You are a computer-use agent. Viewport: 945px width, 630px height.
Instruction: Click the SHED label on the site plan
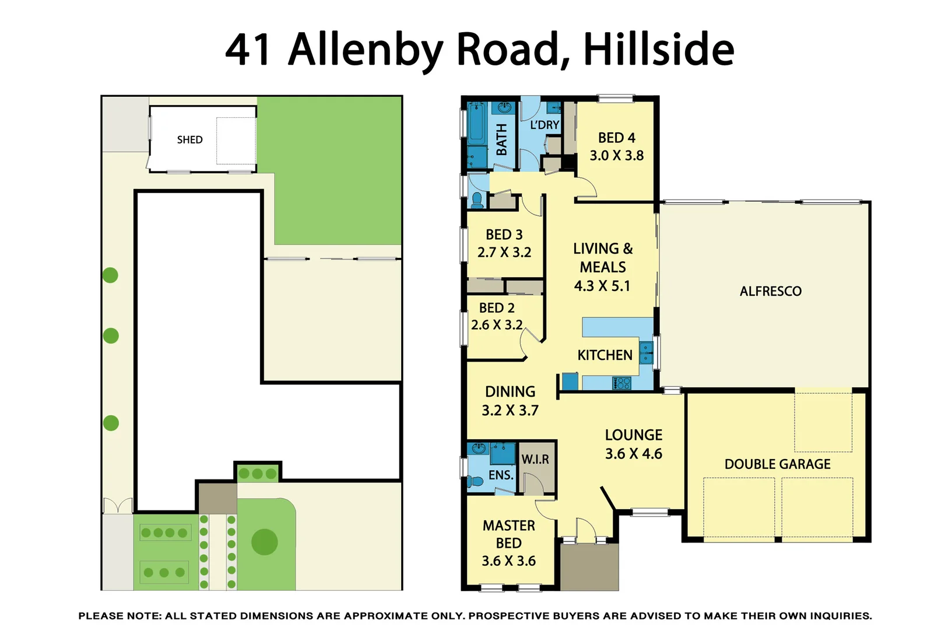pyautogui.click(x=189, y=140)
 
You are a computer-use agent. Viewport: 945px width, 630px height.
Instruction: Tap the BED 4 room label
pyautogui.click(x=616, y=138)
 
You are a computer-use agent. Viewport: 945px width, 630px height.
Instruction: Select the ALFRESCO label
pyautogui.click(x=770, y=292)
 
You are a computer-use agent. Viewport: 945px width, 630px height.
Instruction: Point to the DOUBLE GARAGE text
pyautogui.click(x=777, y=464)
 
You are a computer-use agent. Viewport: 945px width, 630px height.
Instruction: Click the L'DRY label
pyautogui.click(x=544, y=125)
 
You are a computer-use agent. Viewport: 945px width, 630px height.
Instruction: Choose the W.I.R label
pyautogui.click(x=535, y=460)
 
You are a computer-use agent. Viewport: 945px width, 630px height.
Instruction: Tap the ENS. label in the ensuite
pyautogui.click(x=501, y=475)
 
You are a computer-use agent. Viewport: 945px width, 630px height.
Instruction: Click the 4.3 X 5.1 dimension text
pyautogui.click(x=602, y=286)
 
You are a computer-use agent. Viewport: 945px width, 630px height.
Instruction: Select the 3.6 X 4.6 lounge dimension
pyautogui.click(x=633, y=454)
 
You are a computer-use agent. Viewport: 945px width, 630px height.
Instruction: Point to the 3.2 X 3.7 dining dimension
pyautogui.click(x=510, y=411)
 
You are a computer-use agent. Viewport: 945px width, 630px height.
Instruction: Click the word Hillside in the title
pyautogui.click(x=658, y=49)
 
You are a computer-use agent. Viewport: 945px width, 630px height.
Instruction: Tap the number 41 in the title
pyautogui.click(x=248, y=49)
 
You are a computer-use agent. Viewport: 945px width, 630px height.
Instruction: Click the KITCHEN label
pyautogui.click(x=605, y=355)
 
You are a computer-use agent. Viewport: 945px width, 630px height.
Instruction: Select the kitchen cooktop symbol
pyautogui.click(x=621, y=383)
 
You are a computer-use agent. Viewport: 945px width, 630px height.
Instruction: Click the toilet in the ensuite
pyautogui.click(x=475, y=482)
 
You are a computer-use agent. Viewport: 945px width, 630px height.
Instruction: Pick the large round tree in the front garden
pyautogui.click(x=265, y=542)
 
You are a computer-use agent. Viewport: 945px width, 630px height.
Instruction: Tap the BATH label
pyautogui.click(x=501, y=140)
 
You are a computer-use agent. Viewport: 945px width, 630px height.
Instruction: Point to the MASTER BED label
pyautogui.click(x=508, y=534)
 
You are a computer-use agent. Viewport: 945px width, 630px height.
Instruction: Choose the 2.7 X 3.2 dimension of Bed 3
pyautogui.click(x=504, y=253)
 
